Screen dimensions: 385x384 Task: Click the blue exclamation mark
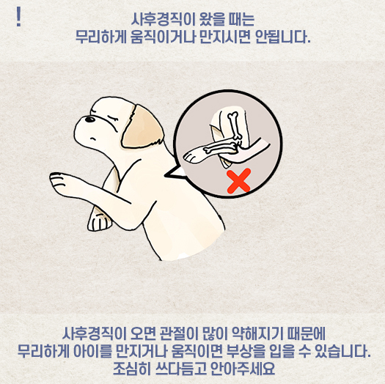(18, 17)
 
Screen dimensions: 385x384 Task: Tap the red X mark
(238, 181)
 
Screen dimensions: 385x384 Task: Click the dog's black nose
(90, 119)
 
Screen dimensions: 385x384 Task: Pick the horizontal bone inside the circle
(219, 147)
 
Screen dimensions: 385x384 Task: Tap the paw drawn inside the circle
(194, 155)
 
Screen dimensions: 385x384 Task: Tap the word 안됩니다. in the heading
(283, 37)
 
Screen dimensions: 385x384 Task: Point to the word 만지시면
(225, 37)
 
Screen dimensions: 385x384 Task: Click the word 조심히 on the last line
(132, 369)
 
